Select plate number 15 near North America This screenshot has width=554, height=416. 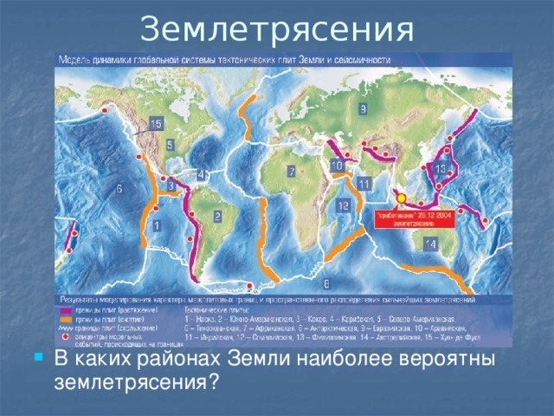pos(155,124)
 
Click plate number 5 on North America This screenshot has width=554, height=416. pos(170,144)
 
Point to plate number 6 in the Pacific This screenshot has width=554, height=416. pos(118,187)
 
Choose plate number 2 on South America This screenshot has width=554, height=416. pos(216,215)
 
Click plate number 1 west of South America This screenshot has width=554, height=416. pos(156,225)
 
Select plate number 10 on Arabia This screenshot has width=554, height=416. pos(335,166)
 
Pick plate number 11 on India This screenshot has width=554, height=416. pos(364,185)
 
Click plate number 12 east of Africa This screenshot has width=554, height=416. pos(343,206)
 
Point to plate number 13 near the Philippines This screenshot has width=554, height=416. pos(441,169)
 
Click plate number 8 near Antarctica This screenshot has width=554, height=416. pos(326,283)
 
